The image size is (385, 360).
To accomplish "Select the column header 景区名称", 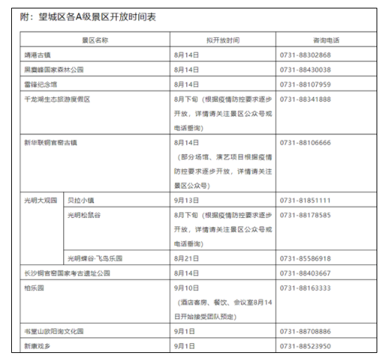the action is (x=95, y=40).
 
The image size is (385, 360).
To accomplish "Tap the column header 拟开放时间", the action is (x=223, y=40).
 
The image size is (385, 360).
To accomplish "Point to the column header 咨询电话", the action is (x=326, y=40).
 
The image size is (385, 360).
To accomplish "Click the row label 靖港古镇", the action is (x=37, y=55).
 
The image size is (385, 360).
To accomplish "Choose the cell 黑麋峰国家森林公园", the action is (x=54, y=70).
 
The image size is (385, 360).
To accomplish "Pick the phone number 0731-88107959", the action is (x=305, y=84).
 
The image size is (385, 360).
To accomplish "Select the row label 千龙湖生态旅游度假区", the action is (x=57, y=99).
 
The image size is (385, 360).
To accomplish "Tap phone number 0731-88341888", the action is (x=305, y=99).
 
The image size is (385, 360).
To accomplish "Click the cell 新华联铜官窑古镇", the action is (x=51, y=143).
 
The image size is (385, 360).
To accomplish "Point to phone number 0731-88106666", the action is (x=305, y=143).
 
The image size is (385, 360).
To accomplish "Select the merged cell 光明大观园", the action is (x=41, y=200).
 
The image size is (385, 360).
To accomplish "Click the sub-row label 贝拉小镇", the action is (x=81, y=200).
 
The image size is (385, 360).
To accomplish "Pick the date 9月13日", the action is (x=186, y=200).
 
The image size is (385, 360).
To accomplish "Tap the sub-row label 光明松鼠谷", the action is (x=84, y=215).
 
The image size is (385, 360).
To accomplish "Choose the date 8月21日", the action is (x=186, y=258).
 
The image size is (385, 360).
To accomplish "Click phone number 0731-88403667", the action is (x=305, y=273).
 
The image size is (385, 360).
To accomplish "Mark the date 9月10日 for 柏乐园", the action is (x=186, y=288).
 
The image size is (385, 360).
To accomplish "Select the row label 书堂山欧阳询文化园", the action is (x=54, y=331).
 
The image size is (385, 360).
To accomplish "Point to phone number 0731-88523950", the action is (x=305, y=346).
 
